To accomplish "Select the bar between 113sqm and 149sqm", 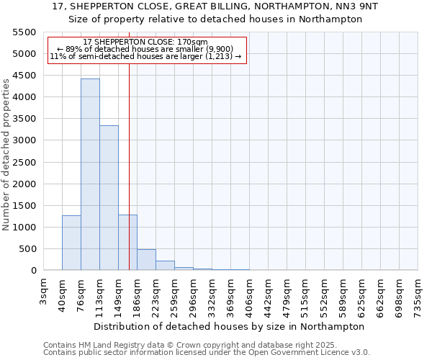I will pos(109,198).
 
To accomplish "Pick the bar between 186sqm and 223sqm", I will pos(146,260).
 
